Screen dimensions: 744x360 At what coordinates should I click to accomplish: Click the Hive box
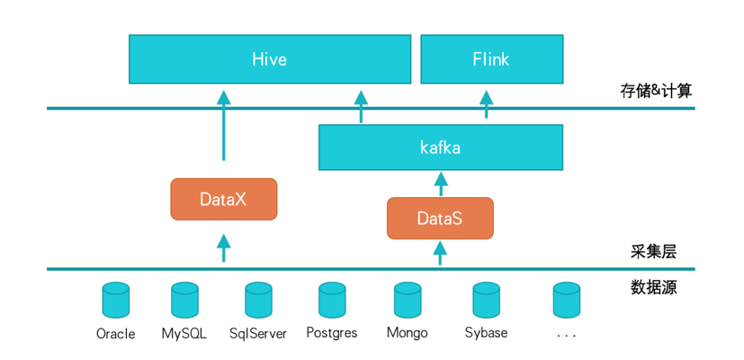pyautogui.click(x=270, y=58)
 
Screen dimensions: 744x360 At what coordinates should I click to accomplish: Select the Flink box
pyautogui.click(x=491, y=58)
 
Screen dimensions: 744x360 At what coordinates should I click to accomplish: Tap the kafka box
pyautogui.click(x=440, y=148)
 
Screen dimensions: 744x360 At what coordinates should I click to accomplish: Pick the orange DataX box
pyautogui.click(x=223, y=199)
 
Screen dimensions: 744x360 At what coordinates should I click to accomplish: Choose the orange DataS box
pyautogui.click(x=440, y=218)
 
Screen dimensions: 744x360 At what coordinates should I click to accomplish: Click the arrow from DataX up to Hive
pyautogui.click(x=223, y=125)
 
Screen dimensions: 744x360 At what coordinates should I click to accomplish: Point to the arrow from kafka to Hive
pyautogui.click(x=361, y=106)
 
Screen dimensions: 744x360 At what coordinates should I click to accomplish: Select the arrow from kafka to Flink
pyautogui.click(x=486, y=103)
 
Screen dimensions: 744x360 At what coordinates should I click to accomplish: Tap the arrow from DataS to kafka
pyautogui.click(x=440, y=184)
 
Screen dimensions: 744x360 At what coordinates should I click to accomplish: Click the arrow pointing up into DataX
pyautogui.click(x=223, y=247)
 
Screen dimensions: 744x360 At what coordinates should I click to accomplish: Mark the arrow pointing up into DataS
pyautogui.click(x=440, y=253)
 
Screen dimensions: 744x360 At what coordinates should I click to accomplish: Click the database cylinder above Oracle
pyautogui.click(x=116, y=300)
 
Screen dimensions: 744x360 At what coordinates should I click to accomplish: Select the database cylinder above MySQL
pyautogui.click(x=184, y=300)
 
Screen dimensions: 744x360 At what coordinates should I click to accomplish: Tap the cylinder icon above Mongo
pyautogui.click(x=408, y=300)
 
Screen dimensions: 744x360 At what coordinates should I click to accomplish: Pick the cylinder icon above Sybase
pyautogui.click(x=487, y=300)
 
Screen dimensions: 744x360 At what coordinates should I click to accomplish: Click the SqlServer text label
pyautogui.click(x=258, y=333)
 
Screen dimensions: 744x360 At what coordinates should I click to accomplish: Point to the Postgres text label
pyautogui.click(x=332, y=332)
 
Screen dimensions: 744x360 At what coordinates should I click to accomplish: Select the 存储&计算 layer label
pyautogui.click(x=656, y=91)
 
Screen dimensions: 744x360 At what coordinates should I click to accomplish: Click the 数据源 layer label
pyautogui.click(x=653, y=287)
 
